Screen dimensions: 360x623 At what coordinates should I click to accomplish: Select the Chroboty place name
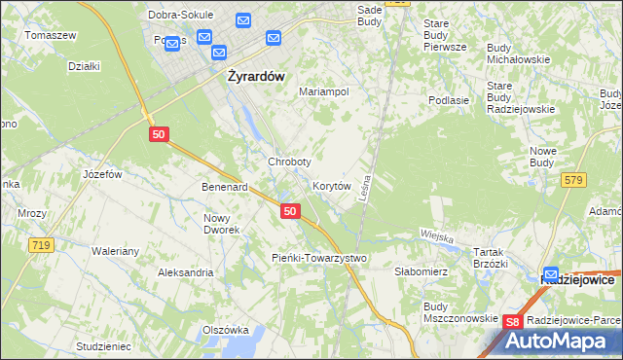click(x=289, y=162)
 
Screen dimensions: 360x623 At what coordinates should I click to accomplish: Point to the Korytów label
click(x=331, y=185)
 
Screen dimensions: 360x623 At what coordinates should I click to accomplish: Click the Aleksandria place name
click(x=186, y=272)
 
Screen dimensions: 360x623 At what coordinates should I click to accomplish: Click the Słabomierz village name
click(x=420, y=271)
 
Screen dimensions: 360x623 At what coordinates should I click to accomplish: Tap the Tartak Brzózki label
click(x=491, y=257)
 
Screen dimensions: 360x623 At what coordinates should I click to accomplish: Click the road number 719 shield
click(x=40, y=246)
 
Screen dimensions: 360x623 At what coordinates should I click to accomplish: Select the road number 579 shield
click(x=572, y=179)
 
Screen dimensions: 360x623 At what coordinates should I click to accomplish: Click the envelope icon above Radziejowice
click(x=552, y=275)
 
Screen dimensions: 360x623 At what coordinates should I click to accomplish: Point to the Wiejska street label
click(x=438, y=234)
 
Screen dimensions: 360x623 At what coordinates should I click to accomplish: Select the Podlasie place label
click(x=450, y=99)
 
